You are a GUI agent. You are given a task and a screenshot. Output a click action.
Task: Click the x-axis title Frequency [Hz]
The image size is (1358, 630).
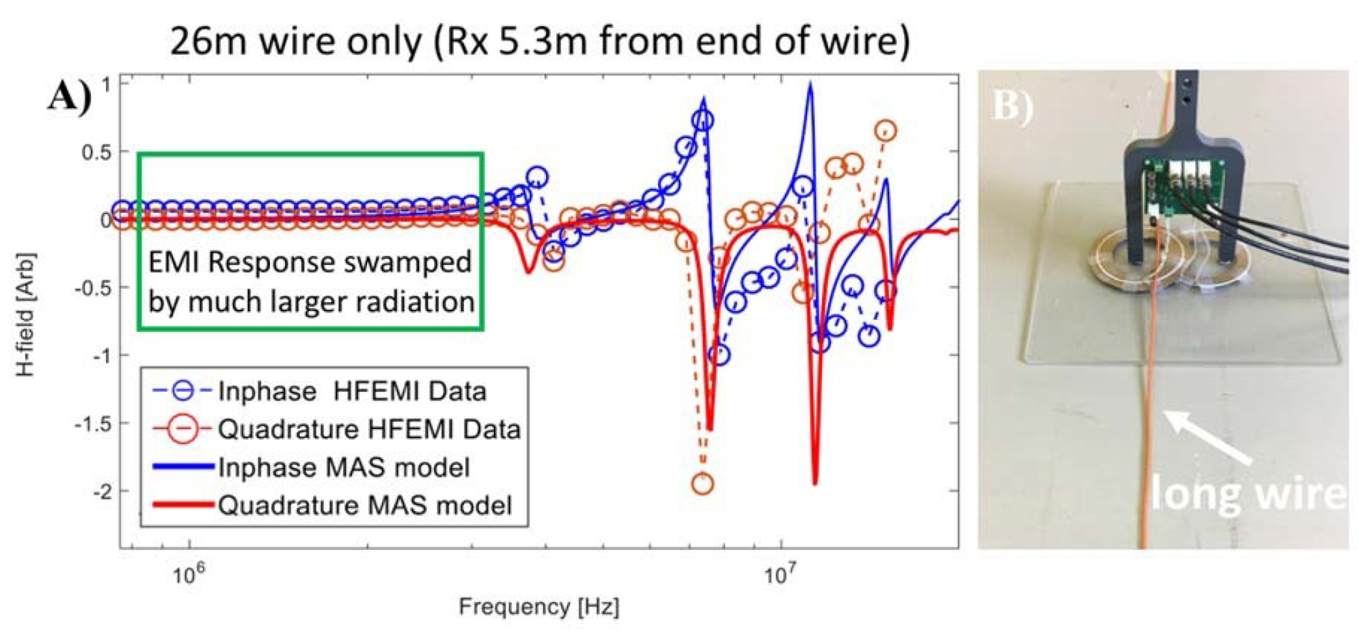(539, 607)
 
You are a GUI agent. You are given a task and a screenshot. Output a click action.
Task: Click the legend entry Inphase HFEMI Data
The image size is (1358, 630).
(352, 392)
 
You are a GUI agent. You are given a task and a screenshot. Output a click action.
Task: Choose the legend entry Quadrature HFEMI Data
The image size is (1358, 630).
(369, 430)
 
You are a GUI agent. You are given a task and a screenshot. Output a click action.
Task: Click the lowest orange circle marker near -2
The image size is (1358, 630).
(702, 483)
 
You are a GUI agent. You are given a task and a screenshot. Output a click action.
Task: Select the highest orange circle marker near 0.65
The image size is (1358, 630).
(886, 130)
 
